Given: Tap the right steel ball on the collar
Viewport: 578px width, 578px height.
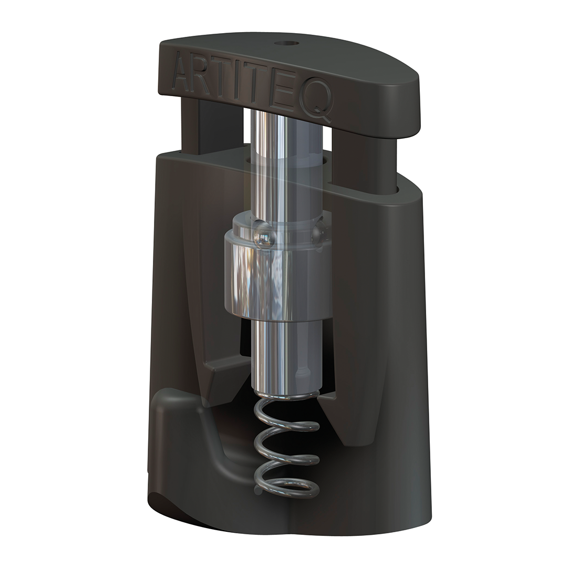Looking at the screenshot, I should click(x=318, y=229).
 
